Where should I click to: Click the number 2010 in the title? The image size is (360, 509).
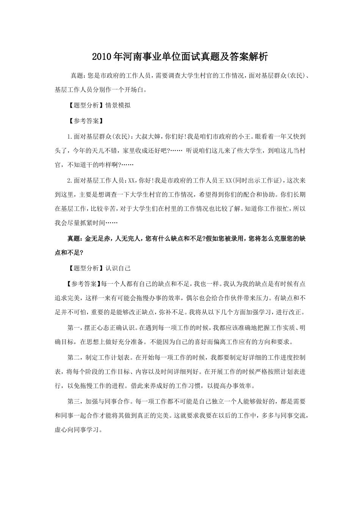(102, 57)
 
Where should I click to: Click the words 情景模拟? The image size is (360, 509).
(118, 105)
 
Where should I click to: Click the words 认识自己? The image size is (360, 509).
(118, 268)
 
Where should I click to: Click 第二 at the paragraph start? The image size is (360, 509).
(73, 357)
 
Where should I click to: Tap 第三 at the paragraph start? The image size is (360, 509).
(73, 401)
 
